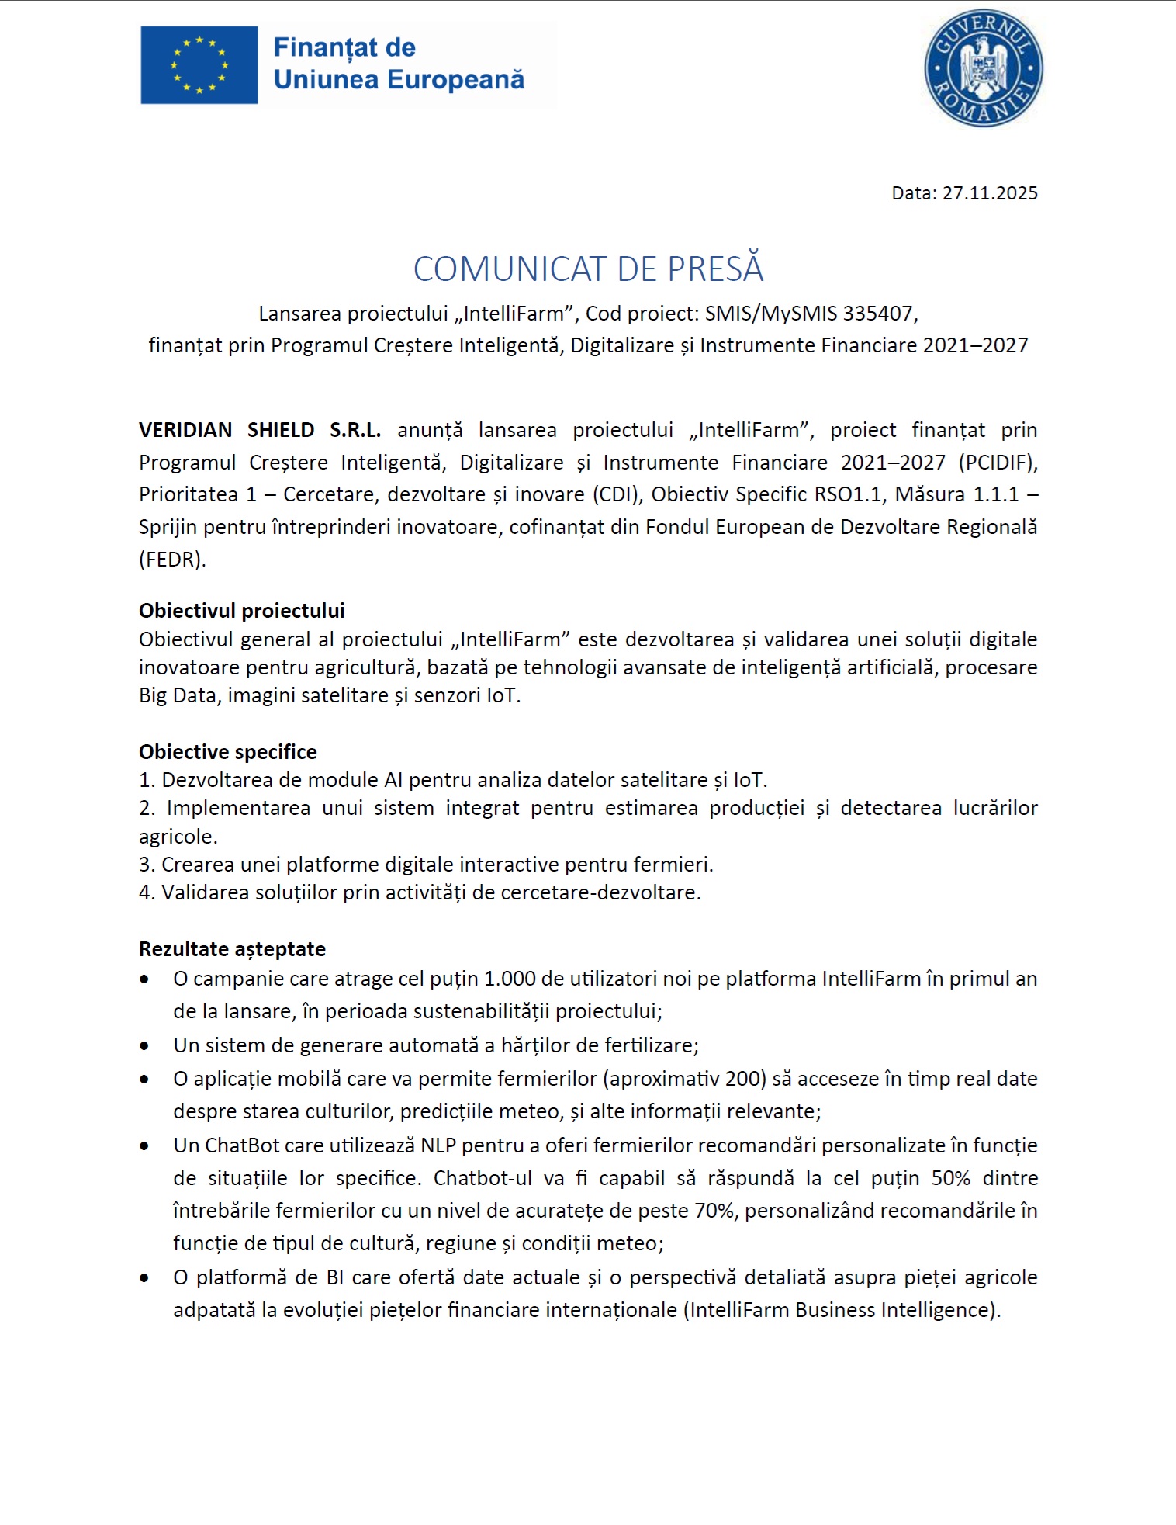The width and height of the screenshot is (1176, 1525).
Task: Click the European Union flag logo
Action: point(199,65)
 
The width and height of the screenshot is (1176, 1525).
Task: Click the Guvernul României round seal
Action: point(983,68)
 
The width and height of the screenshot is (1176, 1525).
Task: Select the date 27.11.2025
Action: point(990,193)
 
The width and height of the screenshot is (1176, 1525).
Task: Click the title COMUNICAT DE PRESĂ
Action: point(588,269)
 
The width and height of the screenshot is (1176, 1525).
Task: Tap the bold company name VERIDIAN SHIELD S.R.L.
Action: point(259,430)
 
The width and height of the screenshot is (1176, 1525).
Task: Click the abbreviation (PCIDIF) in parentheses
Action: point(998,463)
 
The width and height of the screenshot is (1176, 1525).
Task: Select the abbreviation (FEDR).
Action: point(172,560)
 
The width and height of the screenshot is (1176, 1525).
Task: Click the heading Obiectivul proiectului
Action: point(241,611)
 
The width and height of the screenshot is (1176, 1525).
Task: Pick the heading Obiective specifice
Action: point(227,752)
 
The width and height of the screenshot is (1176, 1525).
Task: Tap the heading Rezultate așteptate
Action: point(232,949)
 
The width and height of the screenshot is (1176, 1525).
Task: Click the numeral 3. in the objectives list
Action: point(147,865)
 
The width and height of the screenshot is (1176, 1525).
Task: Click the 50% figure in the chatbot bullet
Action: point(950,1178)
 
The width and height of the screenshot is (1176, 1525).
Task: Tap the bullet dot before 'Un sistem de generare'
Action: point(144,1046)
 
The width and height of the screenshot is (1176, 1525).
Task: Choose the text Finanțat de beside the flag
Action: point(344,48)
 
